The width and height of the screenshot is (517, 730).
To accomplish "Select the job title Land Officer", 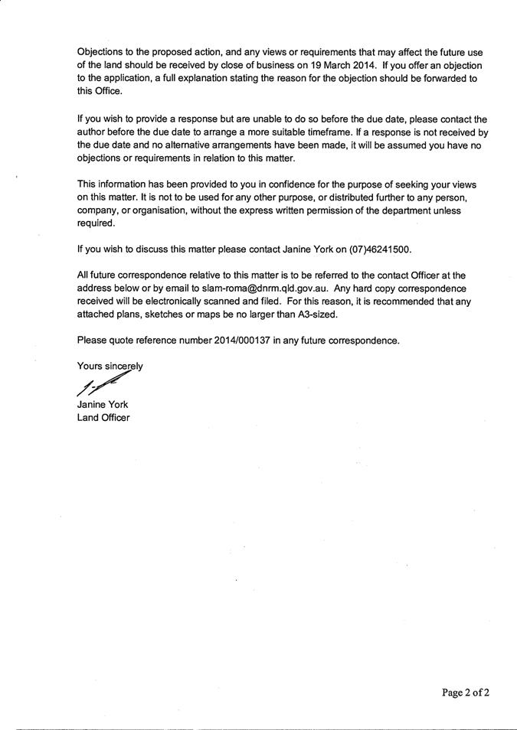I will click(103, 418).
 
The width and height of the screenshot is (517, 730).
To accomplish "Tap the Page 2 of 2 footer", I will click(465, 693).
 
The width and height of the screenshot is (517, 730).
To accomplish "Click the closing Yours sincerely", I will click(110, 366).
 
